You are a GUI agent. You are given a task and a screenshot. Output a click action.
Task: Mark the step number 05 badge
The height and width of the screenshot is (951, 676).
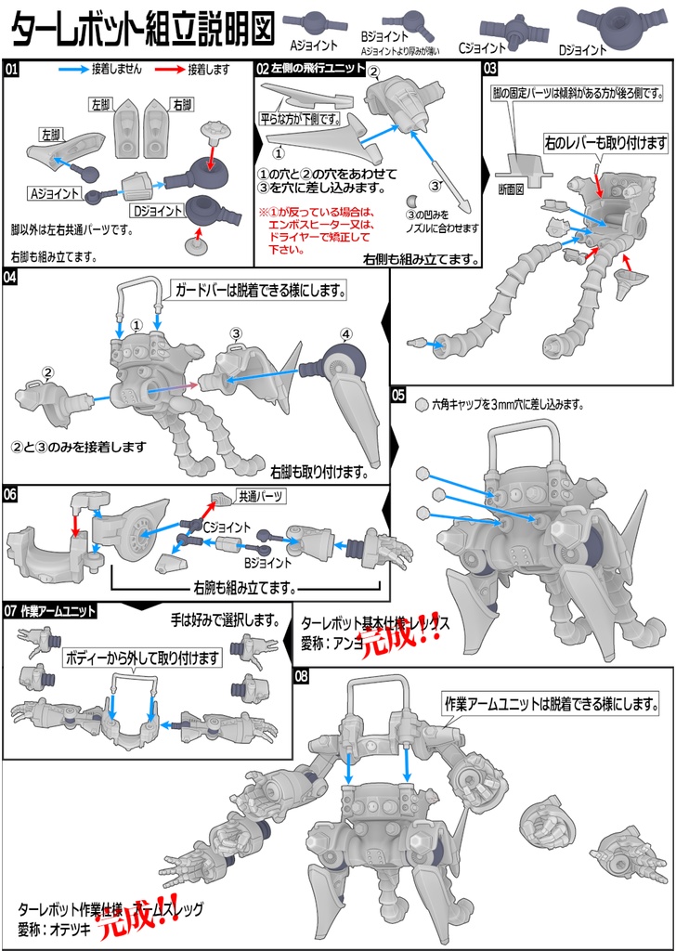(399, 395)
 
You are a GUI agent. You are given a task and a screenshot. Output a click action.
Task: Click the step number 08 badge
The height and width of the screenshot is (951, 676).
(302, 675)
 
